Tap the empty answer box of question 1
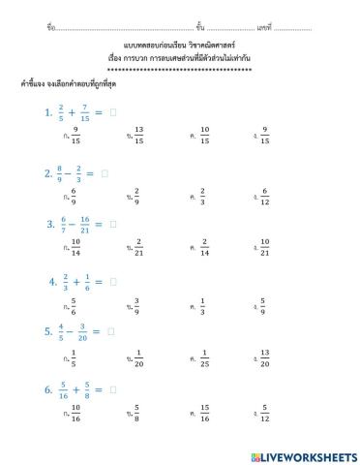tap(113, 112)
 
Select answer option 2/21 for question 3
tap(138, 248)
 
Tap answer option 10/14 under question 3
tap(75, 248)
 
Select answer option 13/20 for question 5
tap(265, 358)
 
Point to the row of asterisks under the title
tap(179, 71)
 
